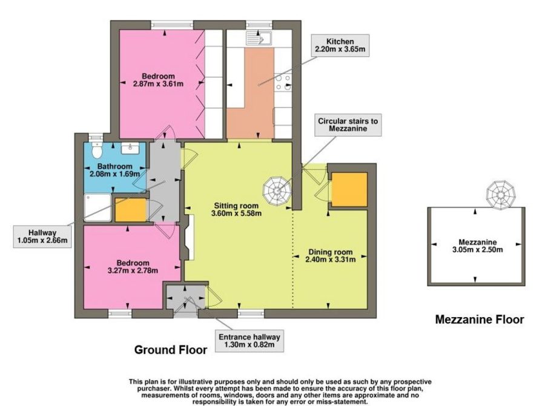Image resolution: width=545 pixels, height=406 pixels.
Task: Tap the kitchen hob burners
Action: coord(283,83)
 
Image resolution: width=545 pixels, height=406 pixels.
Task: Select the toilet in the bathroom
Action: coord(96,149)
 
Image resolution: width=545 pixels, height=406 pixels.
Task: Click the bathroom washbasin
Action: coord(130,148)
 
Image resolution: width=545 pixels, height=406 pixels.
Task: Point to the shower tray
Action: coord(97,208)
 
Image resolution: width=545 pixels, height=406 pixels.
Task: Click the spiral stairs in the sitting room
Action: coord(277,191)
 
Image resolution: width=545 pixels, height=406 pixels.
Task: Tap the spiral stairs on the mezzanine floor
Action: coord(501,195)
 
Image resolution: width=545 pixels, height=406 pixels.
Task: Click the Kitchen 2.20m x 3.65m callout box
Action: coord(340,45)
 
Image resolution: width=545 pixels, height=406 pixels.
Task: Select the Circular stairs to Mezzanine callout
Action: coord(348,125)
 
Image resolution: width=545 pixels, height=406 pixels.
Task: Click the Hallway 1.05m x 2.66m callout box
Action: coord(42,237)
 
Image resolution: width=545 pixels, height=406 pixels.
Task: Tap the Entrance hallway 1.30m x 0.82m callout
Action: coord(249,341)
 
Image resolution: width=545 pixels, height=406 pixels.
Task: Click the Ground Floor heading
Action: coord(171,350)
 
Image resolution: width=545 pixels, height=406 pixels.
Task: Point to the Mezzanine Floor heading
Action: coord(480,319)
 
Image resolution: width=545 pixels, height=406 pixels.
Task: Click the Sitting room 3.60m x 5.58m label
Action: coord(236,209)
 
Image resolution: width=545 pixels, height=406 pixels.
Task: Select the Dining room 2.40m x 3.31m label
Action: coord(331,255)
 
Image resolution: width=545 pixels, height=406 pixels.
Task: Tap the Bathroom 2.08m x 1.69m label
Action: coord(114,170)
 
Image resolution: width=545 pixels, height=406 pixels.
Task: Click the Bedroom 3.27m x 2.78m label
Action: coord(133,267)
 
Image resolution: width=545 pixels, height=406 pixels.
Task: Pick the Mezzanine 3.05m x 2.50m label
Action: coord(478,246)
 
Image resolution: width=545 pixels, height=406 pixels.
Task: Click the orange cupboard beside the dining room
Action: coord(349,189)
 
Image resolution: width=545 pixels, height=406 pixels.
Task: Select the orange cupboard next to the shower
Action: coord(130,210)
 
